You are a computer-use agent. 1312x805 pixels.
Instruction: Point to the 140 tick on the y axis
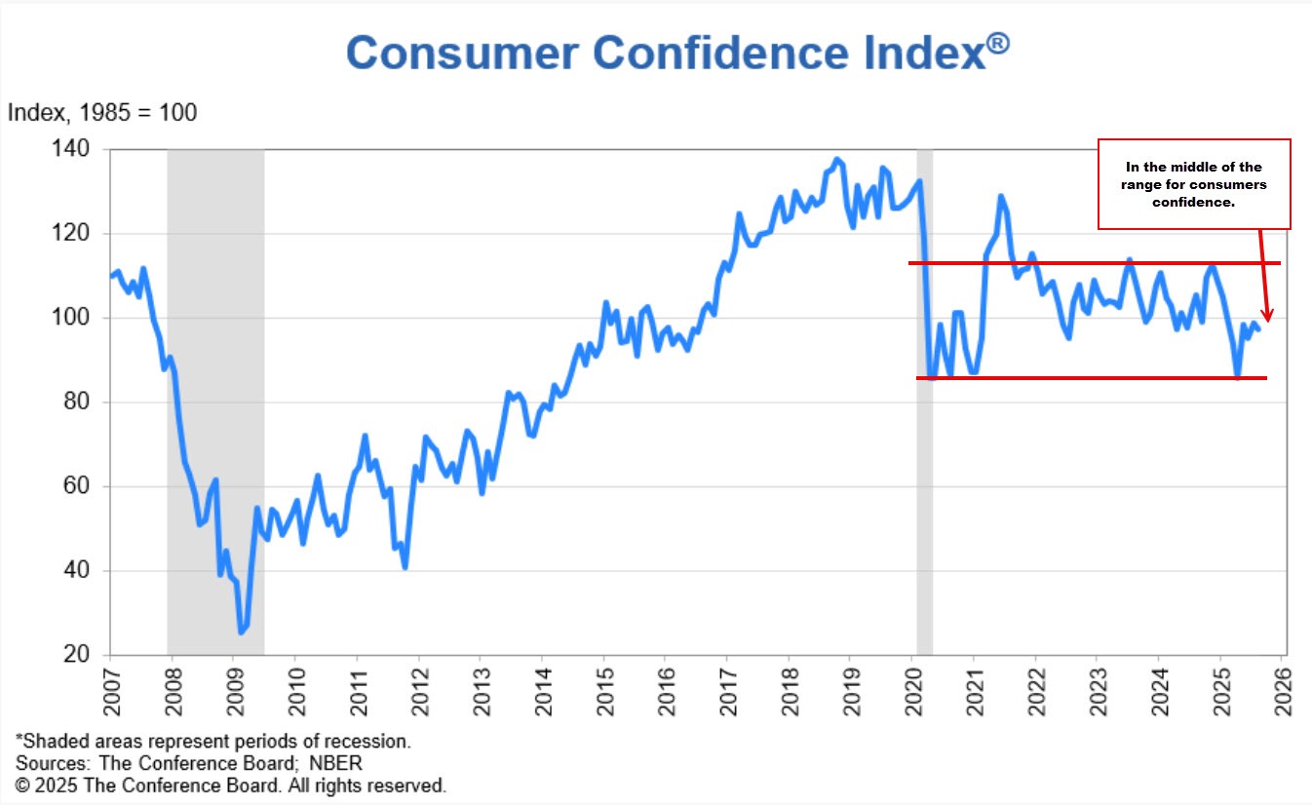(77, 150)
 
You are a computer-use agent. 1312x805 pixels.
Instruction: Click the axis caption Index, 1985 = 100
(102, 113)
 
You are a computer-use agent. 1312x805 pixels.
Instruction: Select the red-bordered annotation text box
(1194, 184)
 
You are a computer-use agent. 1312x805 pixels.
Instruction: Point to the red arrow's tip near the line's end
(1267, 320)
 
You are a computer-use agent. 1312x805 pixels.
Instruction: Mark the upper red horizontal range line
(1092, 263)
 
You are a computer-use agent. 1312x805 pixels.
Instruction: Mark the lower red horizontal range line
(1092, 377)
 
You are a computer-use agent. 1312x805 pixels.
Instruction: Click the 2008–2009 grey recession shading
(215, 390)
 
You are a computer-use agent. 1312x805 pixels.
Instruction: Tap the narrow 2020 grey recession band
(924, 487)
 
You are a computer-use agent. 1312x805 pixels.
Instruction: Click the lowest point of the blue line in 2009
(241, 632)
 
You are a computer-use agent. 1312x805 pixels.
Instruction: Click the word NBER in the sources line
(341, 763)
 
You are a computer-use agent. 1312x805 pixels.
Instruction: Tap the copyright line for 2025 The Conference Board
(230, 786)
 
